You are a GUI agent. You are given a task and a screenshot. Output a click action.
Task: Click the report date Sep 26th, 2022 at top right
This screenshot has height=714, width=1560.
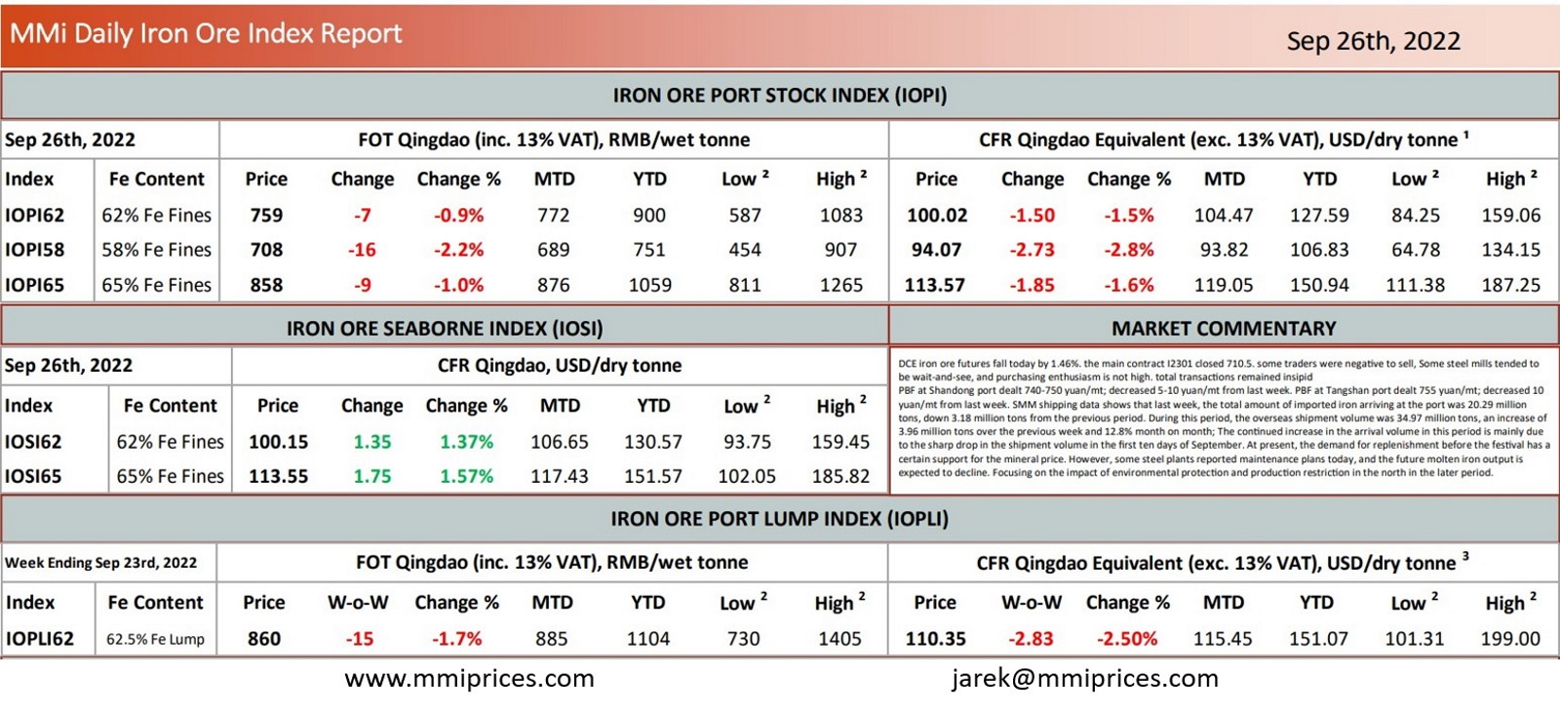coord(1373,41)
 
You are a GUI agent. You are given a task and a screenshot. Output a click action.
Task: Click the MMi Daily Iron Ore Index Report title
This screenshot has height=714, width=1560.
coord(206,33)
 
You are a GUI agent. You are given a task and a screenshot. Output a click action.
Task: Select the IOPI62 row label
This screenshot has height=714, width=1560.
coord(35,215)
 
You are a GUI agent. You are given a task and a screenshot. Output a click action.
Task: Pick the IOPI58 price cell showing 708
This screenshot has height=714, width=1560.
coord(266,250)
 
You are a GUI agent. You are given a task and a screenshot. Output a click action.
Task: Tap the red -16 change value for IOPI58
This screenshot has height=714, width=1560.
coord(362,250)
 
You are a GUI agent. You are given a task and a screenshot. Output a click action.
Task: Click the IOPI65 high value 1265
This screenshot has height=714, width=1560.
coord(840,285)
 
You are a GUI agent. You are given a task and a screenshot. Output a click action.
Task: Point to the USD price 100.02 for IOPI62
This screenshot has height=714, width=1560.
coord(936,215)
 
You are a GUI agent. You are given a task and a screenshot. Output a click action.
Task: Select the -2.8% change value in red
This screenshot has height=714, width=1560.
coord(1128,250)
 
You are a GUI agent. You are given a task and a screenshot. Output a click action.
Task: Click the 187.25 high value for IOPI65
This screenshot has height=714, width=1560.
coord(1510,285)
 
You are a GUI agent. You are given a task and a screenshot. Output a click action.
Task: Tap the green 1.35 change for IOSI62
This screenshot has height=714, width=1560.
coord(371,442)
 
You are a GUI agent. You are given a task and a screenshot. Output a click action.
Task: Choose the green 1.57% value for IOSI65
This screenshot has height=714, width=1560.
coord(466,476)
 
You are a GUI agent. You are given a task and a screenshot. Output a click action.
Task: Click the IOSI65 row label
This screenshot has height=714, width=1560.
coord(33,476)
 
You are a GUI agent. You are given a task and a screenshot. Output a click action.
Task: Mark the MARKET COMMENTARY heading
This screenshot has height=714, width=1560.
coord(1224,329)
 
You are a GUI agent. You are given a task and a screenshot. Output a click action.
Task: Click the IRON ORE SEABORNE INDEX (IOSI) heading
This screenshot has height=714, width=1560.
coord(445,329)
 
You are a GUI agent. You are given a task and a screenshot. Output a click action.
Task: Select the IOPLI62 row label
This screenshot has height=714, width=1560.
coord(40,639)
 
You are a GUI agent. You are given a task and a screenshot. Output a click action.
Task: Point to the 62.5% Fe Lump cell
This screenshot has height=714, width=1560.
coord(156,640)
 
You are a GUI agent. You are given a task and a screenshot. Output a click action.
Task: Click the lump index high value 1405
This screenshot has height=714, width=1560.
coord(839,639)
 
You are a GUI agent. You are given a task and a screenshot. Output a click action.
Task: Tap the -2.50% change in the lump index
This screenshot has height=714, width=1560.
coord(1127,639)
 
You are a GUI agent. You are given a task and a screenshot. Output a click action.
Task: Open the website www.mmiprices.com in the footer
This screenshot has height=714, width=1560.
coord(469,678)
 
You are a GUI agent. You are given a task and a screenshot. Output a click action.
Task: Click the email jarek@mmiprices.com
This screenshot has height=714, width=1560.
coord(1085,678)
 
